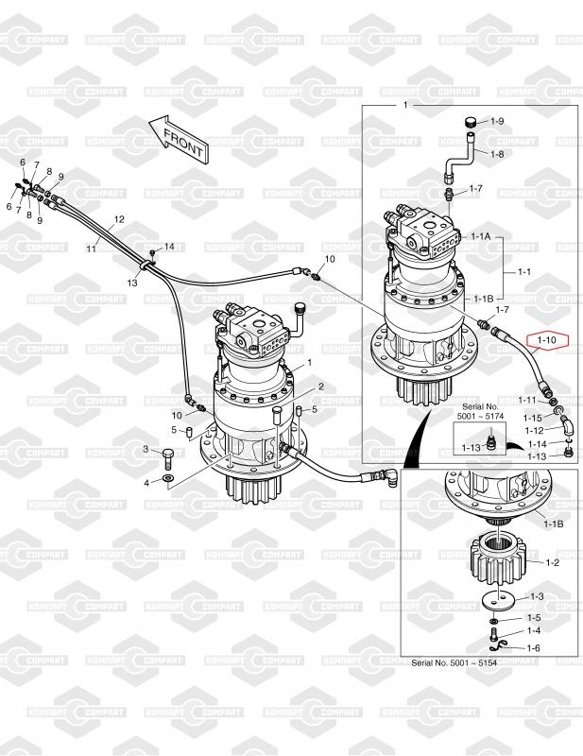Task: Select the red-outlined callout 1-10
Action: coord(548,339)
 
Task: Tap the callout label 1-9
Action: coord(497,122)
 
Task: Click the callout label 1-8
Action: coord(497,153)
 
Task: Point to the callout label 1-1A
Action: coord(480,236)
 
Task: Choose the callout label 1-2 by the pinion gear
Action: coord(553,562)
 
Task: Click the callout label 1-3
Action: coord(536,596)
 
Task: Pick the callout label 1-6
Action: coord(534,647)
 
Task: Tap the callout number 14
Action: coord(170,247)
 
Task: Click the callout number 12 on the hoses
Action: coord(119,219)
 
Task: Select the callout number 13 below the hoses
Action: coord(132,282)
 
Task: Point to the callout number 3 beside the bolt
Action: coord(146,449)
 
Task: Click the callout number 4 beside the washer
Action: coord(146,482)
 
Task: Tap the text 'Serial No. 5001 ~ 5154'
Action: coord(460,663)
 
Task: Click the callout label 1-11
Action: coord(527,401)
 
